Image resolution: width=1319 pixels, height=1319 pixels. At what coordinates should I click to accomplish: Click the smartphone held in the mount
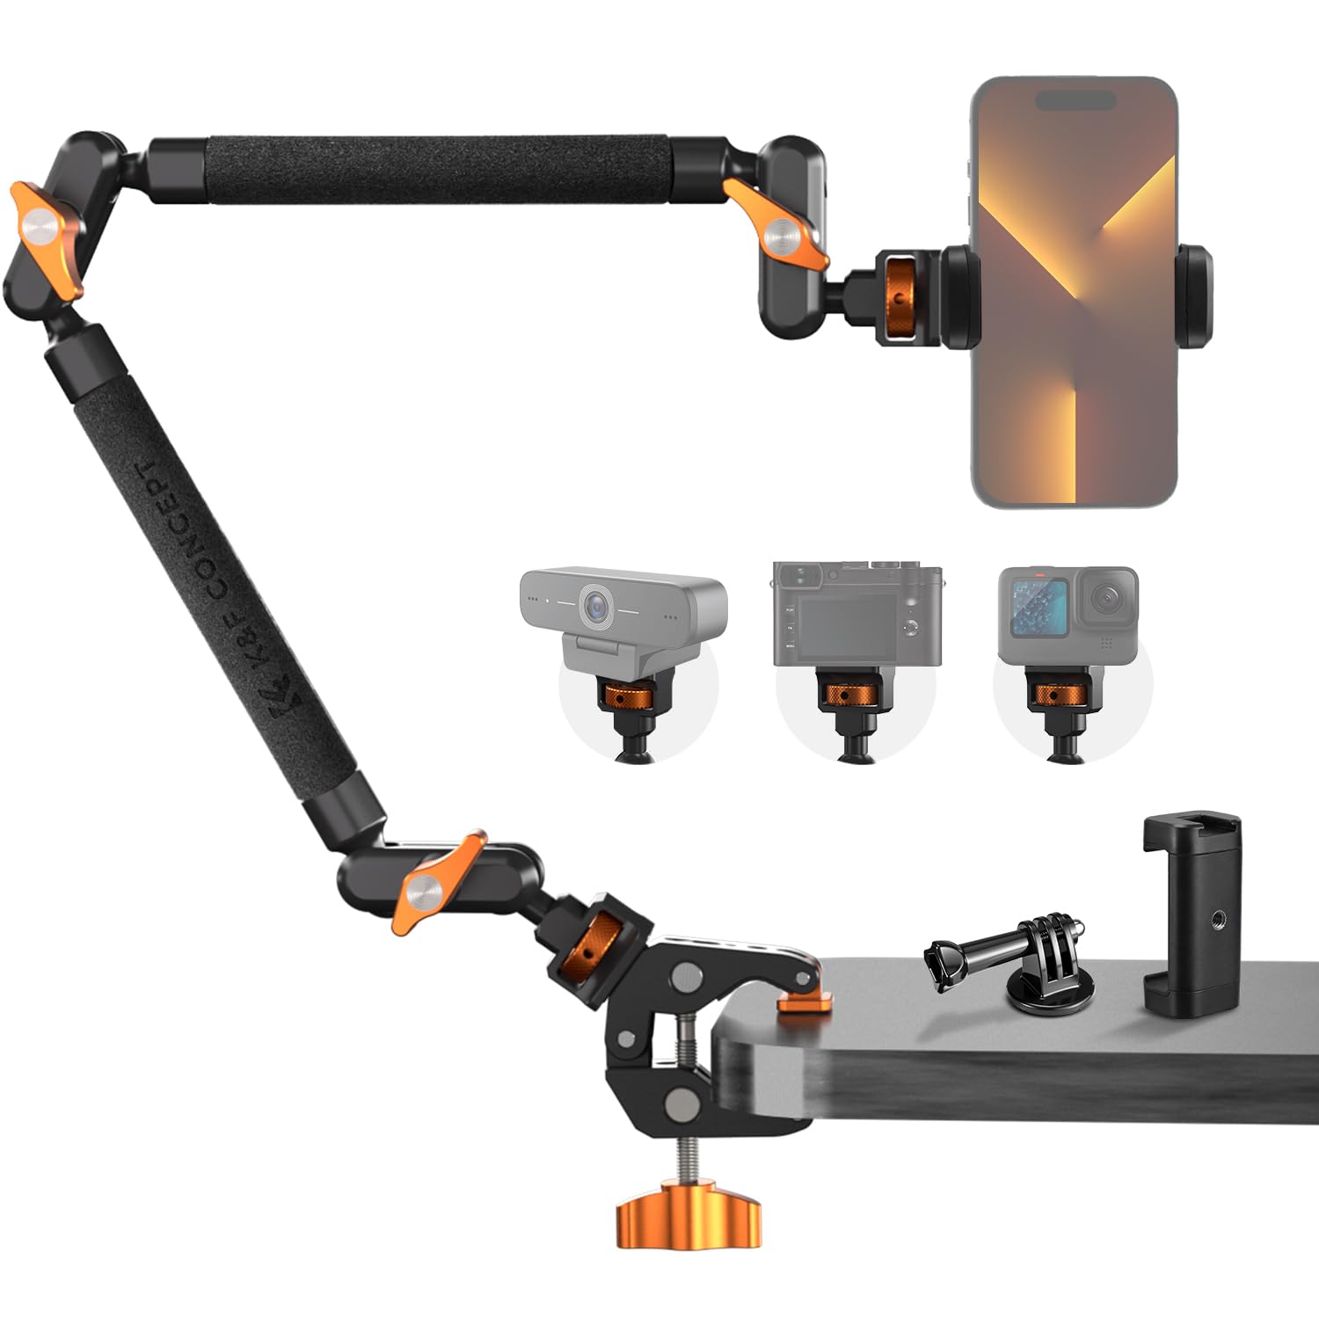tap(1074, 290)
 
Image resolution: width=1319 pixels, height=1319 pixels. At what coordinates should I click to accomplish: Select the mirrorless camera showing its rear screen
tap(856, 616)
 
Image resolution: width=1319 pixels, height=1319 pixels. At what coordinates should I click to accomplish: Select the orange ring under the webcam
tap(625, 697)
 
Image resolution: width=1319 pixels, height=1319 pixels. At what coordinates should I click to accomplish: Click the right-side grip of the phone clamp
tap(1194, 295)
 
